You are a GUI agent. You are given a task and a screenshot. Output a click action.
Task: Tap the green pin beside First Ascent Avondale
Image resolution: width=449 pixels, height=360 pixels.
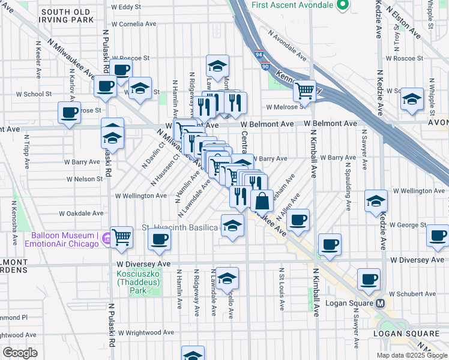pyautogui.click(x=343, y=5)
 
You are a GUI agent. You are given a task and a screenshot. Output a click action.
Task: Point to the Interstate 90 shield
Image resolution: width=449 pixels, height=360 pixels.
pyautogui.click(x=265, y=65)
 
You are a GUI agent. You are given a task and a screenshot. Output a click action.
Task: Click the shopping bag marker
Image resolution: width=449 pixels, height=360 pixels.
pyautogui.click(x=262, y=200)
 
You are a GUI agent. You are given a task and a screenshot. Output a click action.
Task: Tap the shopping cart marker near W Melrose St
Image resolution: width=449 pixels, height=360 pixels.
pyautogui.click(x=305, y=91)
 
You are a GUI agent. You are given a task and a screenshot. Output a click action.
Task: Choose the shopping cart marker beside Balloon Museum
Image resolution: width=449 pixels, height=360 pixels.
pyautogui.click(x=121, y=238)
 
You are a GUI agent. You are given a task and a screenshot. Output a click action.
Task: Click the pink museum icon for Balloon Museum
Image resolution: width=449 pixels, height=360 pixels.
pyautogui.click(x=106, y=239)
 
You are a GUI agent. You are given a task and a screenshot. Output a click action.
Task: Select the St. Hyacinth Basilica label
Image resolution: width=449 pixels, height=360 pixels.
pyautogui.click(x=179, y=227)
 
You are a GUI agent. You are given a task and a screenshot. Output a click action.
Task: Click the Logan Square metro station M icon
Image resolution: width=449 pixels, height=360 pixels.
pyautogui.click(x=381, y=303)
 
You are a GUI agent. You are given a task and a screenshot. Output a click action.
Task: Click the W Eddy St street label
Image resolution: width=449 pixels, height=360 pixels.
pyautogui.click(x=125, y=7)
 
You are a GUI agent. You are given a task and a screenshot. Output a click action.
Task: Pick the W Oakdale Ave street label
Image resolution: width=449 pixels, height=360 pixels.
pyautogui.click(x=81, y=213)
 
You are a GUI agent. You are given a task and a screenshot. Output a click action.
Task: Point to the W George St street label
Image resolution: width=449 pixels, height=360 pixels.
pyautogui.click(x=408, y=225)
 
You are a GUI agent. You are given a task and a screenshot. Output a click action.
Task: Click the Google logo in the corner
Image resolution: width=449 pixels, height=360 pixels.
pyautogui.click(x=20, y=352)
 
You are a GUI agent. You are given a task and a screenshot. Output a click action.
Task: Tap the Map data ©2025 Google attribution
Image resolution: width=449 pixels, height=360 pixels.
pyautogui.click(x=411, y=355)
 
